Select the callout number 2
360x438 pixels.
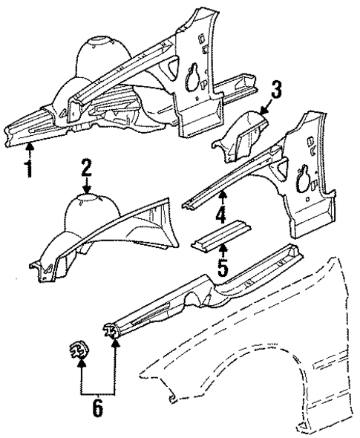coord(86,168)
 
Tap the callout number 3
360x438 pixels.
coord(275,91)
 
